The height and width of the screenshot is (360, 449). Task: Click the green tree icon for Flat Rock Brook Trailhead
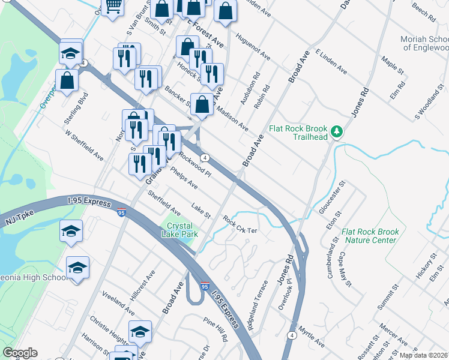tap(337, 131)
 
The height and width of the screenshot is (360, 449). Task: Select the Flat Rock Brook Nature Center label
tap(370, 236)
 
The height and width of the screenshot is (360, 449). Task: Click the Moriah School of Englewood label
tap(424, 43)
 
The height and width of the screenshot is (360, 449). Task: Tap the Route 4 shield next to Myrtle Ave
tap(292, 334)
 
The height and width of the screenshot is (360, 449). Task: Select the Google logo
tap(20, 353)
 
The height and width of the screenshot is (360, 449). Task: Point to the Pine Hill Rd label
tap(215, 329)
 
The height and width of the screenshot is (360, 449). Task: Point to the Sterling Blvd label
tap(77, 109)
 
